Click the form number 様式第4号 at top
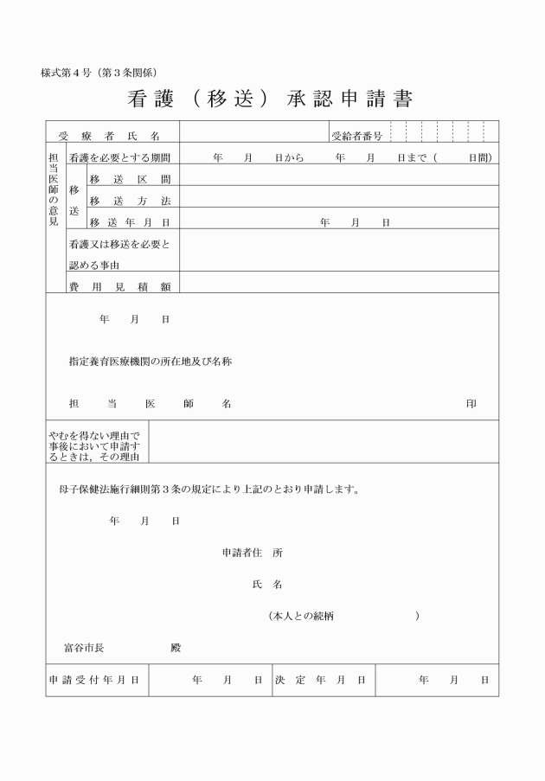point(99,73)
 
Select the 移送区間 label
point(129,180)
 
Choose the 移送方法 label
point(129,202)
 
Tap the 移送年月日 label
point(129,222)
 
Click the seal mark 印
point(471,404)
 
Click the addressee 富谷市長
point(85,647)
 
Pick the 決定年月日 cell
point(320,681)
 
